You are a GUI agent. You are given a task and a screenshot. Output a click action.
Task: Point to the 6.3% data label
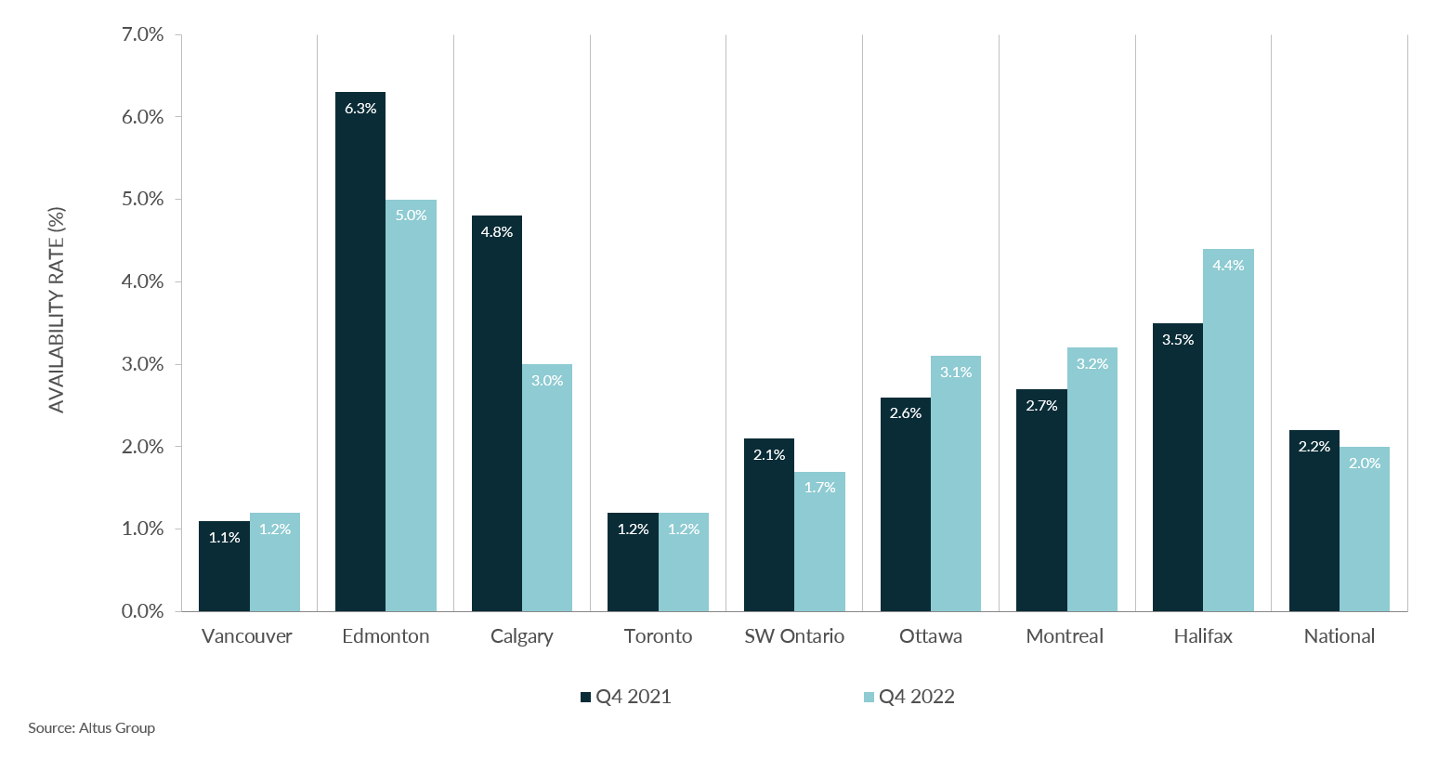point(360,109)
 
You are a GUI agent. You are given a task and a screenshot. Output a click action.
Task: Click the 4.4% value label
point(1228,266)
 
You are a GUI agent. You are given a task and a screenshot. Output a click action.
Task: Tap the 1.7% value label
point(819,488)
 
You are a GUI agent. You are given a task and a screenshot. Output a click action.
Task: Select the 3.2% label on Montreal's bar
point(1092,364)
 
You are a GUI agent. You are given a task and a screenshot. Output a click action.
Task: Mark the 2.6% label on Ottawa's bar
point(906,413)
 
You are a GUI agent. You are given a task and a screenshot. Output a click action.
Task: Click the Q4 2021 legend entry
point(625,697)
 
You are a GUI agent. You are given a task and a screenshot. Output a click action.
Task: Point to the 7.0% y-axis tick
point(142,35)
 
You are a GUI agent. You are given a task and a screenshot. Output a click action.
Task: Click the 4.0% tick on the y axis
point(142,281)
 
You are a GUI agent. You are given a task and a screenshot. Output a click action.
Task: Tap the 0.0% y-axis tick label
point(142,611)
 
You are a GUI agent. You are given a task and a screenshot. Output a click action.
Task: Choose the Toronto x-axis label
point(658,636)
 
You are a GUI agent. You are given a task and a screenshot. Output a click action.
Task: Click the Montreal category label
point(1065,636)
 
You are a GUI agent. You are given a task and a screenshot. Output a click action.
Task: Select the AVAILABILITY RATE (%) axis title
point(57,310)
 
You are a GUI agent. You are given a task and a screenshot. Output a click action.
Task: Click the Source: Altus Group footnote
point(91,728)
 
